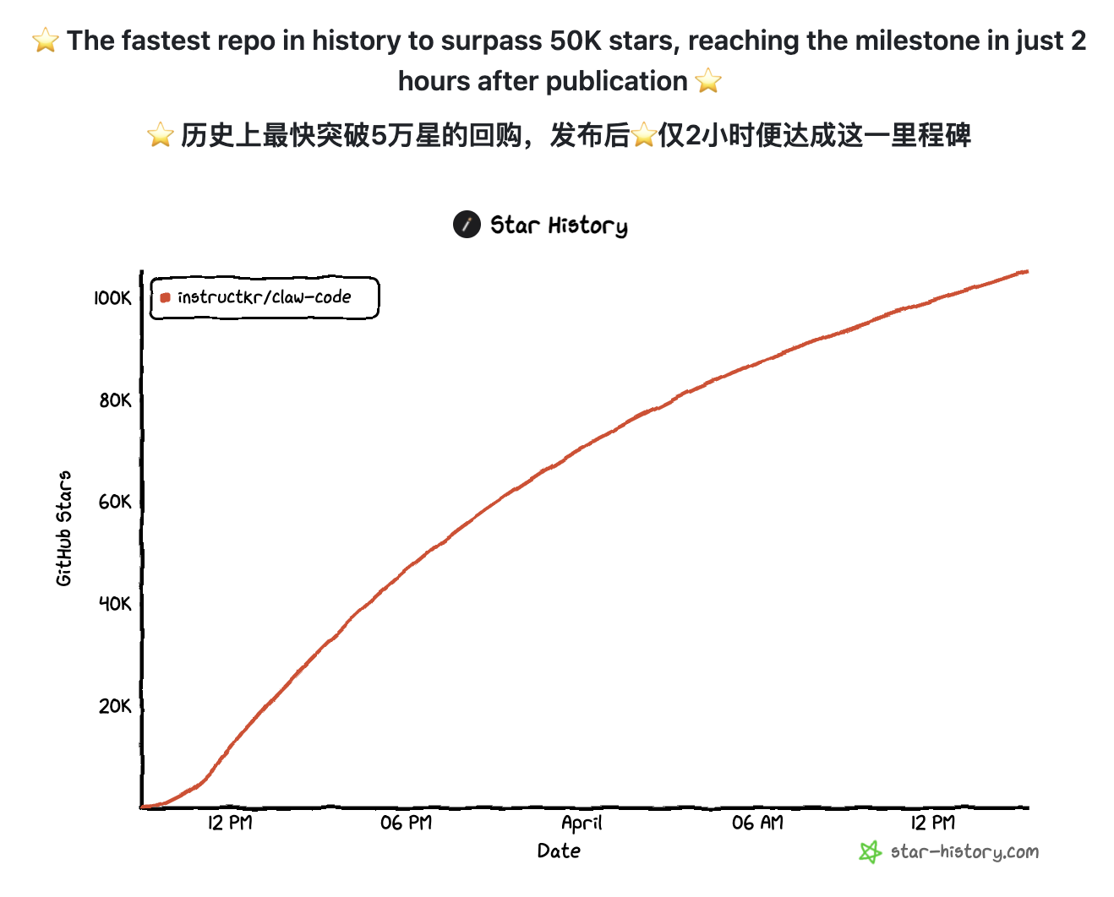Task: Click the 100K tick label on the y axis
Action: (112, 298)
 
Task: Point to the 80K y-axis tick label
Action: (115, 400)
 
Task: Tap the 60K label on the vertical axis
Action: (115, 503)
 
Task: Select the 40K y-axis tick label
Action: (115, 604)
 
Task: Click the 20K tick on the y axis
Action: (115, 706)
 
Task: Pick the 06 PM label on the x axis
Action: (406, 823)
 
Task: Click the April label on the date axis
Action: (582, 823)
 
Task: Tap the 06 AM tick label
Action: (757, 823)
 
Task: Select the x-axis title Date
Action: (559, 851)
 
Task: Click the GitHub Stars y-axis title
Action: (64, 529)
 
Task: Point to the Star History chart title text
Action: (559, 226)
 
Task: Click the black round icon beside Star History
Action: (467, 225)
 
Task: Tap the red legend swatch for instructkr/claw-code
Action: (165, 297)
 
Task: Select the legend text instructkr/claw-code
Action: (264, 297)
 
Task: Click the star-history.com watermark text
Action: (964, 851)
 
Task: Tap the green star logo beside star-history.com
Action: (870, 851)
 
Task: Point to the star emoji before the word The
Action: (46, 41)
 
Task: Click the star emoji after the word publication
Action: (708, 81)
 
